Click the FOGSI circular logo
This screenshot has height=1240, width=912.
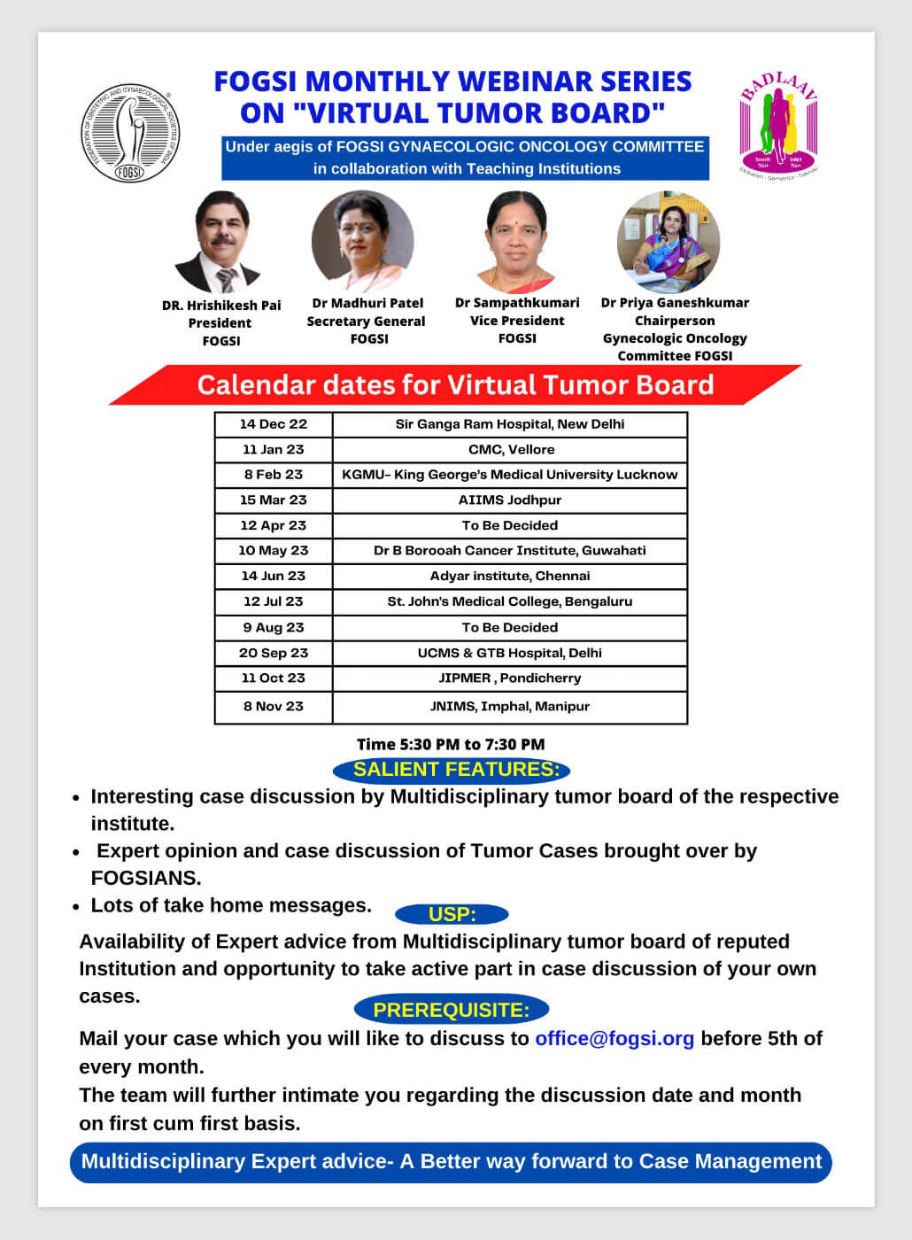130,134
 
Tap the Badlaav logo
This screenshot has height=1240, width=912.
778,125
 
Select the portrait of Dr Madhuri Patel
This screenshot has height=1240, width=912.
362,242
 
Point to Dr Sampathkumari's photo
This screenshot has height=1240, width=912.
517,241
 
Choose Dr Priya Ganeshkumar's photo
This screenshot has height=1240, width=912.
669,242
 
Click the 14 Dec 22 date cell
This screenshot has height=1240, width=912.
274,424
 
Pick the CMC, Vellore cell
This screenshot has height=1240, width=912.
510,449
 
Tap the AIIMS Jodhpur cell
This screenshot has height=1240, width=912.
510,500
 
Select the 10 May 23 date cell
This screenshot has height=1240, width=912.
274,550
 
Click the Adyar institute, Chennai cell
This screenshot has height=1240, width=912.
510,576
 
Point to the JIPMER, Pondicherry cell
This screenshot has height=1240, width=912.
510,678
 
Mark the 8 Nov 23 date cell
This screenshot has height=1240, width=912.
274,706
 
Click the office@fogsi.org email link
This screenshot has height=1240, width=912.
614,1038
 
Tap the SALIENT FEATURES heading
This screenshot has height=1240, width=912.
456,770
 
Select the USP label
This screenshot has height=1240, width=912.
452,915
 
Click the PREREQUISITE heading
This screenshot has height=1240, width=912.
452,1010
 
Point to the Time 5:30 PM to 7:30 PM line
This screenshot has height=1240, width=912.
451,744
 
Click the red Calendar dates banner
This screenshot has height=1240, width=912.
455,385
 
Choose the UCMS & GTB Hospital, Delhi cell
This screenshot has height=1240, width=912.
510,653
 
